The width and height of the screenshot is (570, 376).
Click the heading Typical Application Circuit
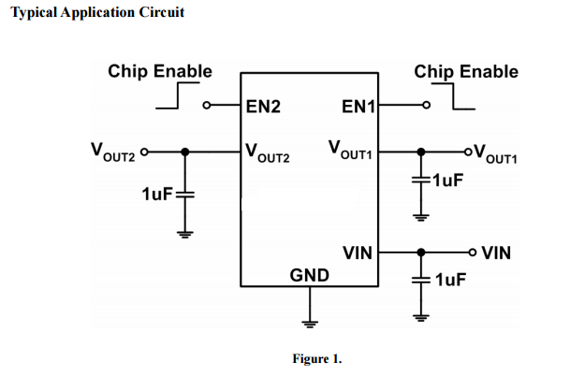pos(97,12)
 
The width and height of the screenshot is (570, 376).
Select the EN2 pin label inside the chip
pos(263,107)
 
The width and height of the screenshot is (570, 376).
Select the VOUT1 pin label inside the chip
pos(352,150)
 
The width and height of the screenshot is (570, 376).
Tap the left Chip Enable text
pos(160,71)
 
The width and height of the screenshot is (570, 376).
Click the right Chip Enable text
pos(465,71)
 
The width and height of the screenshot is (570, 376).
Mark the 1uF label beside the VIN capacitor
pos(451,280)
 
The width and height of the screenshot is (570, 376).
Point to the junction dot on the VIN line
pos(422,252)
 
